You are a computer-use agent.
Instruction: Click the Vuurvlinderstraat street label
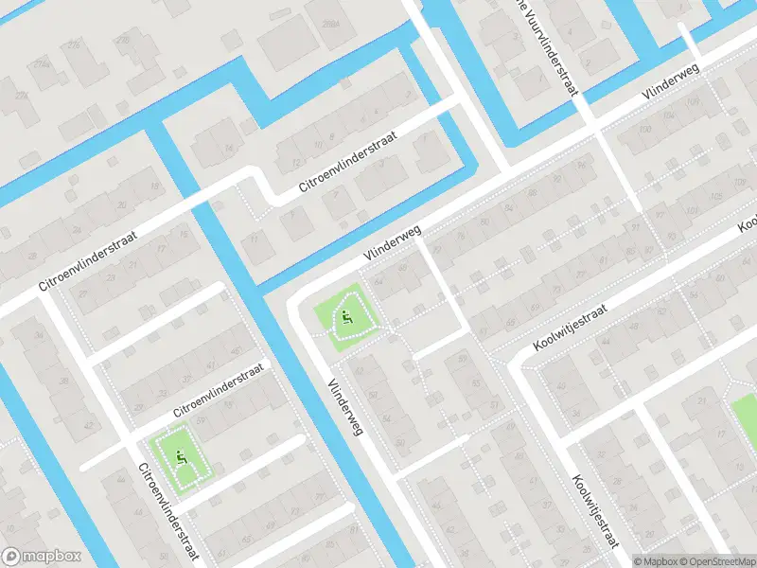point(549,47)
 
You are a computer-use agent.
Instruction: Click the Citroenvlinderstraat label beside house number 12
point(347,160)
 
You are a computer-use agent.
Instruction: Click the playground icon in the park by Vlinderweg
point(348,318)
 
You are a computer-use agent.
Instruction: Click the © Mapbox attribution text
point(656,561)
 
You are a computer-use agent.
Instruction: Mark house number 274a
point(42,62)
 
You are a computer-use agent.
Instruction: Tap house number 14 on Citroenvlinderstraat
point(227,150)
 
